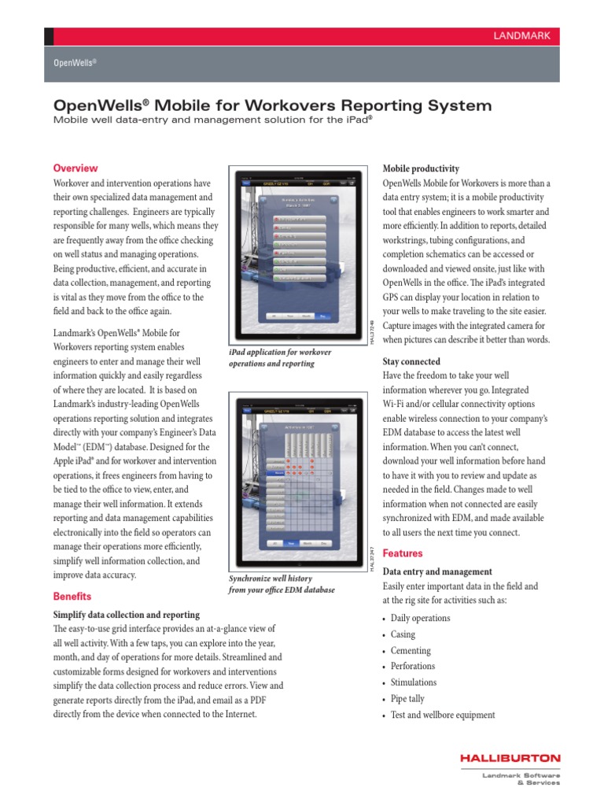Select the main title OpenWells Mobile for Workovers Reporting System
[x=272, y=105]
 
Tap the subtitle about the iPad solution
[x=212, y=120]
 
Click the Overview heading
[x=75, y=168]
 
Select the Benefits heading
[x=72, y=596]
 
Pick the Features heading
[x=402, y=553]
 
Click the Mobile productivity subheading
[x=420, y=169]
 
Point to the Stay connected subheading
[x=411, y=361]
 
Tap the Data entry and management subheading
[x=436, y=571]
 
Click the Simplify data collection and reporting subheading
[x=126, y=614]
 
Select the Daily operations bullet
[x=420, y=619]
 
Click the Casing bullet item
[x=403, y=634]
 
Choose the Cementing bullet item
[x=411, y=651]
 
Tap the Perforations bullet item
[x=412, y=666]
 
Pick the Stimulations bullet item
[x=413, y=682]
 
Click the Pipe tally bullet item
[x=407, y=698]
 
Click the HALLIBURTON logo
[x=510, y=759]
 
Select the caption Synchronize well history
[x=281, y=584]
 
